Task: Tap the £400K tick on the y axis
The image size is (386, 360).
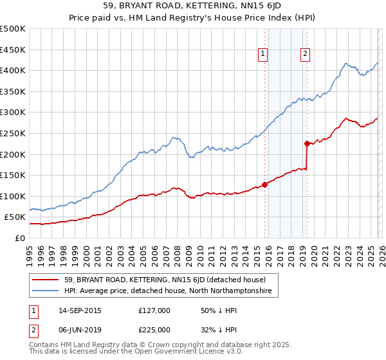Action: [x=13, y=70]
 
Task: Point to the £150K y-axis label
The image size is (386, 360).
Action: [x=13, y=175]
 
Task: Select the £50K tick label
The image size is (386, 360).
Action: [x=15, y=217]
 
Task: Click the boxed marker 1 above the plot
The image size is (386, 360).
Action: [x=264, y=55]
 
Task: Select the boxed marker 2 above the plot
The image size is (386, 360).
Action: [x=305, y=55]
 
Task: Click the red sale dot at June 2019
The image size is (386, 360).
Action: [x=307, y=143]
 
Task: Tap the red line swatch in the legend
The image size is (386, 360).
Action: [x=46, y=280]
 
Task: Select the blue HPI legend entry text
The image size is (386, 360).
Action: [x=169, y=291]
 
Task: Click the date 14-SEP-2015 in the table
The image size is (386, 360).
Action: [x=80, y=310]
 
